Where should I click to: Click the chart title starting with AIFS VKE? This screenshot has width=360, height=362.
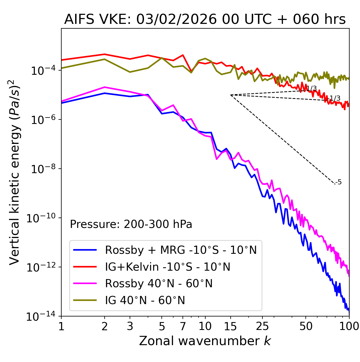(205, 19)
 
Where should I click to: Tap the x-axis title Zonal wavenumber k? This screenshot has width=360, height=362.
(205, 341)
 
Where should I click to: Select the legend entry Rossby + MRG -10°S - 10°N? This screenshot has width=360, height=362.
(181, 250)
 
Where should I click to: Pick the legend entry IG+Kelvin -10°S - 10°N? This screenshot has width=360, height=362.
(167, 267)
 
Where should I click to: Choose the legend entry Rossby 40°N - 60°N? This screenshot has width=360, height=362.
(159, 284)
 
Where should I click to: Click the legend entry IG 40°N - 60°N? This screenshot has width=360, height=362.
(145, 300)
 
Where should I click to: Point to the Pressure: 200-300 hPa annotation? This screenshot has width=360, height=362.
(131, 224)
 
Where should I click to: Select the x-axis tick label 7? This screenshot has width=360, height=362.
(183, 326)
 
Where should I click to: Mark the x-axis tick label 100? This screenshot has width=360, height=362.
(349, 326)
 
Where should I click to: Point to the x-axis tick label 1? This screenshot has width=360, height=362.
(61, 326)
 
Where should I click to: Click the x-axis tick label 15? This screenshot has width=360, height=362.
(230, 326)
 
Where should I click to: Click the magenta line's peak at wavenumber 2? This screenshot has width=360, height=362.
(105, 87)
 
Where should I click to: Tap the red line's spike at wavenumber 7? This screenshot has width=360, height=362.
(183, 55)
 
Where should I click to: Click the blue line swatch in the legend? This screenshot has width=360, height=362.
(85, 250)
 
